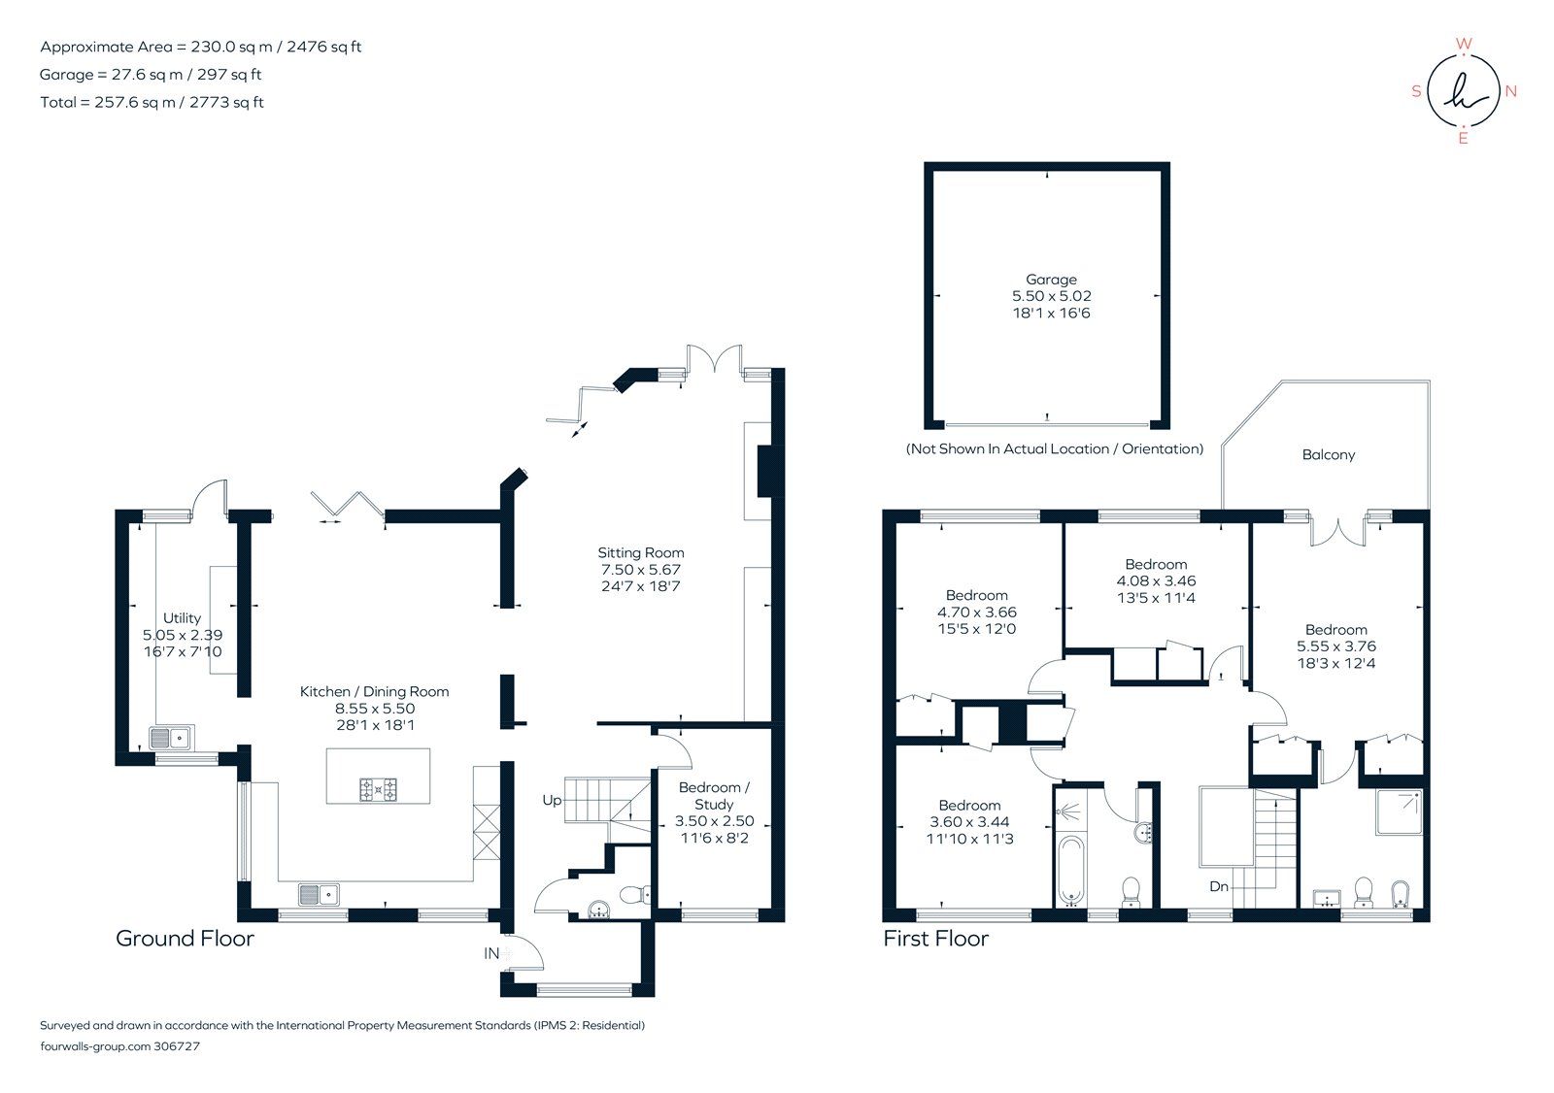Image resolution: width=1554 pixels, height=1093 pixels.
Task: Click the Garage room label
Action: tap(1051, 280)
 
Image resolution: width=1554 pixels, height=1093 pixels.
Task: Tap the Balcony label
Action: tap(1328, 454)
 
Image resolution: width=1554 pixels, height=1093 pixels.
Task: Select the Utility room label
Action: tap(182, 618)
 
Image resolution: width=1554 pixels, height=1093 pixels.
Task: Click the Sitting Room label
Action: tap(641, 553)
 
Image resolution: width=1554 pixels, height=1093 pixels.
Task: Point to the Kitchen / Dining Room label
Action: tap(374, 692)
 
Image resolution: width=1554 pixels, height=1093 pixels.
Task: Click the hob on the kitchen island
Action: tap(379, 789)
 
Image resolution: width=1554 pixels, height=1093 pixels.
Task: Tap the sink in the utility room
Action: tap(172, 739)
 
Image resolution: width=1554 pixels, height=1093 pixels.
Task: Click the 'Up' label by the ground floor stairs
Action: tap(552, 801)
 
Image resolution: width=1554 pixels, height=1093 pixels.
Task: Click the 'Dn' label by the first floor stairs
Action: tap(1219, 887)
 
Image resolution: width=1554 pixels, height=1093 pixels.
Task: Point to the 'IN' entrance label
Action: tap(491, 954)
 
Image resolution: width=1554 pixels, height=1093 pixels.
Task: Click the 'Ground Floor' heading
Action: tap(185, 939)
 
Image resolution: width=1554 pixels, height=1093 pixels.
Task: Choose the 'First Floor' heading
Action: tap(935, 939)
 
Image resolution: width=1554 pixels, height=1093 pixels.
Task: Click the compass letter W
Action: tap(1465, 44)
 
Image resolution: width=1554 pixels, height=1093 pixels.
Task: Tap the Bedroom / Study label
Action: tap(714, 796)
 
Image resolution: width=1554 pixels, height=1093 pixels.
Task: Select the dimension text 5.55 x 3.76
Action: tap(1336, 646)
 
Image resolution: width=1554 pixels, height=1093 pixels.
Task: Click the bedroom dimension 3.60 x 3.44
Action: tap(969, 822)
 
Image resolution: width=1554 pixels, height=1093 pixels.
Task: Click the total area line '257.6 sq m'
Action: tap(152, 102)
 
